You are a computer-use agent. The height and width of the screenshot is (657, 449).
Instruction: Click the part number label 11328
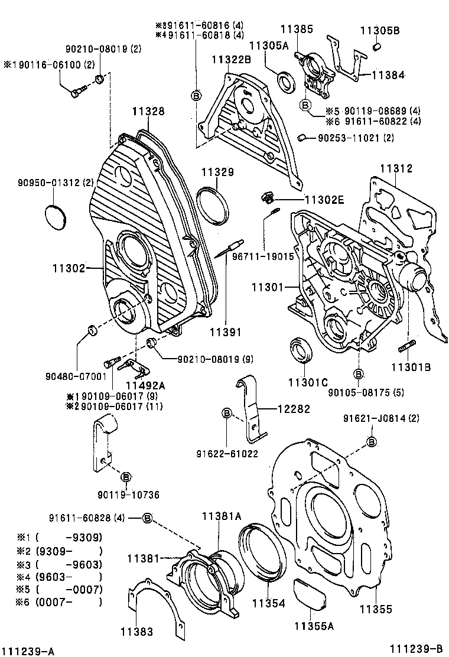148,111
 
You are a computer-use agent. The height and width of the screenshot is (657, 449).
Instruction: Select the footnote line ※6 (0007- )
59,602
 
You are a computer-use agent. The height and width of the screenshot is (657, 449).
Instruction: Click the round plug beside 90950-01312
57,214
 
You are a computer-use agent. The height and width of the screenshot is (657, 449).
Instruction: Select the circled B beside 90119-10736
126,477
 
